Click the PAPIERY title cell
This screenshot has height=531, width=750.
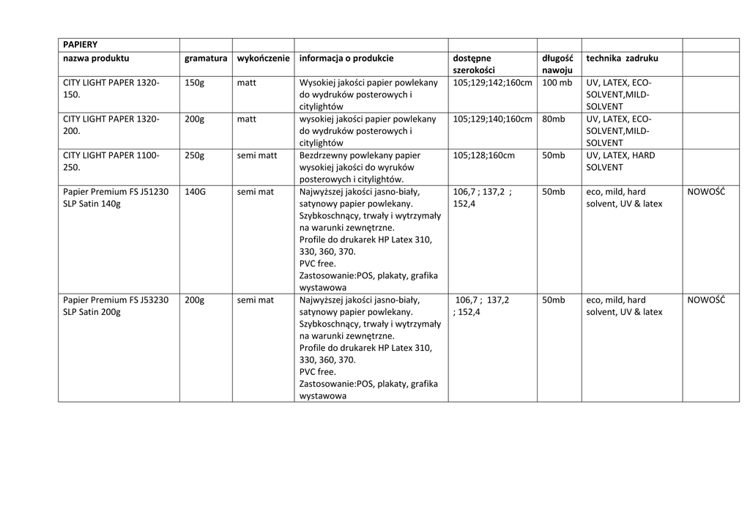pyautogui.click(x=80, y=45)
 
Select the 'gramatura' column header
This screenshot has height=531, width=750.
pyautogui.click(x=206, y=58)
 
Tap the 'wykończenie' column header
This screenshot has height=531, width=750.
pyautogui.click(x=263, y=58)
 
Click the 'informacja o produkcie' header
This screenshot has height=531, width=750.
pyautogui.click(x=346, y=58)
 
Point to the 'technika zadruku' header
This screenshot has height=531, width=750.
pyautogui.click(x=622, y=58)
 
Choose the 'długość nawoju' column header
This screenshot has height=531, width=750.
pyautogui.click(x=557, y=64)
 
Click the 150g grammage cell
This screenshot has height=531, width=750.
pyautogui.click(x=195, y=83)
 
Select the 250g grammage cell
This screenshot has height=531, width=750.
pyautogui.click(x=195, y=155)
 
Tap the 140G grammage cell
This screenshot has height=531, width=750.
pyautogui.click(x=196, y=192)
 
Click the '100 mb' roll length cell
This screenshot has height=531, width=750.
pyautogui.click(x=557, y=83)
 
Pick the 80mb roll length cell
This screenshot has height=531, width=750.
pyautogui.click(x=554, y=119)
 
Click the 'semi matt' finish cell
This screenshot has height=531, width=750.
pyautogui.click(x=257, y=155)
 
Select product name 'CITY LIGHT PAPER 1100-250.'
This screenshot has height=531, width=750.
pyautogui.click(x=111, y=161)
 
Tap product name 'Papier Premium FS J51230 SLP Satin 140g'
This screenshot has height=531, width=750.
pyautogui.click(x=116, y=198)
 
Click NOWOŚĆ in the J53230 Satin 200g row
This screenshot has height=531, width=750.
pyautogui.click(x=706, y=300)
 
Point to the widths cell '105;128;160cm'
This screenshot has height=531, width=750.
pyautogui.click(x=483, y=155)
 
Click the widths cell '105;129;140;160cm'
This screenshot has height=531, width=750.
pyautogui.click(x=492, y=119)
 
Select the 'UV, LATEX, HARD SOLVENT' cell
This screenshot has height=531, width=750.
pyautogui.click(x=620, y=161)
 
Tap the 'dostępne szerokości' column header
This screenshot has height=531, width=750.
pyautogui.click(x=474, y=64)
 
